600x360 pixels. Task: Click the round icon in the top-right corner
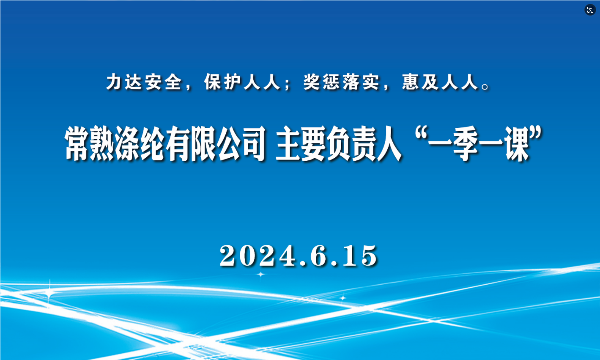click(x=590, y=10)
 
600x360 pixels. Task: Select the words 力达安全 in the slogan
click(x=144, y=82)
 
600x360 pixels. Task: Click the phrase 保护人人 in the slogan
click(x=242, y=82)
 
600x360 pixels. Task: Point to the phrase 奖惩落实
click(x=341, y=82)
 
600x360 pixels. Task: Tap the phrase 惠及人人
click(x=440, y=82)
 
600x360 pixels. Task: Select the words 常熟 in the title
click(x=89, y=144)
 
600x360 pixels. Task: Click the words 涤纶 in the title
click(x=139, y=144)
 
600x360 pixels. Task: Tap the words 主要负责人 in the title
click(x=339, y=144)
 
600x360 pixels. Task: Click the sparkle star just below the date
click(x=260, y=274)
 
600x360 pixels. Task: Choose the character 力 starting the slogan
click(x=114, y=82)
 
